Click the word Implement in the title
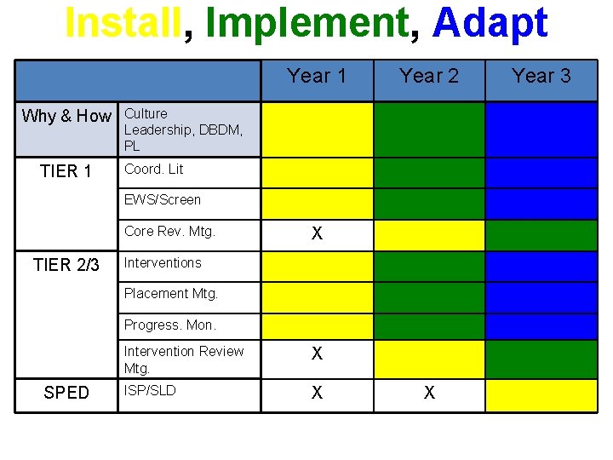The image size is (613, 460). (306, 23)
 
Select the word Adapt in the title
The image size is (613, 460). (490, 23)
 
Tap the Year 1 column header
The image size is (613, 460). (317, 76)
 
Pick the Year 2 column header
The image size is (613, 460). (429, 76)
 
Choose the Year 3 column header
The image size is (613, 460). (541, 76)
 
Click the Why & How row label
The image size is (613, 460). (66, 116)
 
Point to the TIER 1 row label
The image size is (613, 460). (66, 171)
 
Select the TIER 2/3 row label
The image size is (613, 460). (66, 265)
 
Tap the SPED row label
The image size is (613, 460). (66, 393)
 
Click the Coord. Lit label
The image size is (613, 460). (153, 170)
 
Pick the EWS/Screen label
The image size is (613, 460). (163, 200)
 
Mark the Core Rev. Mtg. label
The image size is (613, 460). (169, 231)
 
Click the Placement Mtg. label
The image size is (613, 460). (171, 294)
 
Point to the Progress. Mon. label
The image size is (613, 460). (170, 325)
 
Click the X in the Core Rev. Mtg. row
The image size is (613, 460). (317, 234)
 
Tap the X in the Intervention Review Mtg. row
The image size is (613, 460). (317, 354)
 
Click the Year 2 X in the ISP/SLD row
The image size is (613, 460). (429, 393)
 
